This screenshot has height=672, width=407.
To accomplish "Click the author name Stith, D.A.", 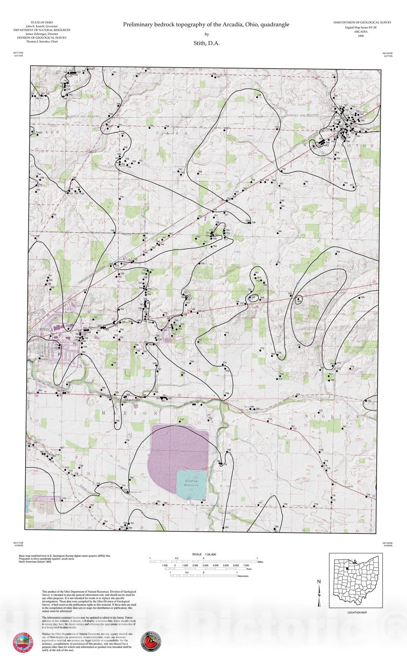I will tap(206, 43).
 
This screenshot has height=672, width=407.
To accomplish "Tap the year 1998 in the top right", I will tap(361, 36).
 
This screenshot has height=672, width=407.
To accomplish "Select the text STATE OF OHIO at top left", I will tap(42, 22).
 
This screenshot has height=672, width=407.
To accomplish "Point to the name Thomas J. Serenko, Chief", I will tap(42, 42).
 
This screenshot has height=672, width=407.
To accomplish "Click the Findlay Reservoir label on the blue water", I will tap(192, 482).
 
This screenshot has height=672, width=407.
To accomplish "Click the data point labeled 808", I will tap(298, 300).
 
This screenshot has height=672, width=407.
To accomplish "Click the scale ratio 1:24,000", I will tap(210, 554).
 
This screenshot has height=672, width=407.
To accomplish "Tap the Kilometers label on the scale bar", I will tap(243, 576).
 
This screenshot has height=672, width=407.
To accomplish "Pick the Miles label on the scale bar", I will tap(261, 562).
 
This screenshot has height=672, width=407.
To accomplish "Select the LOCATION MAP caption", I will tap(357, 612).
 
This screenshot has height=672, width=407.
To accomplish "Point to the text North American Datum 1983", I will tap(37, 562).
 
